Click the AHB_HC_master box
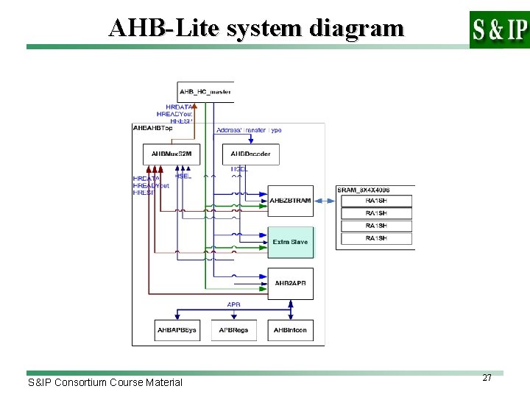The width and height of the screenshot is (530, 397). [205, 92]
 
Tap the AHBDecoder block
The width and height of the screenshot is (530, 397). [250, 154]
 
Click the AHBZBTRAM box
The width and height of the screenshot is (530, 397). [290, 200]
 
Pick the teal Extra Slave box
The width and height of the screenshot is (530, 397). [290, 242]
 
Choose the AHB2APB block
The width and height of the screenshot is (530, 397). [290, 283]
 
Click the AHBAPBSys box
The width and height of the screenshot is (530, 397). [177, 330]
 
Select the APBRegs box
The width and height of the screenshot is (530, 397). [234, 330]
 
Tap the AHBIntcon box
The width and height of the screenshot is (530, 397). [290, 330]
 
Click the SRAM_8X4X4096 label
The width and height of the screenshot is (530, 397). [364, 190]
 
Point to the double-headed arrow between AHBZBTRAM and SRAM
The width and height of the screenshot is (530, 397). [326, 200]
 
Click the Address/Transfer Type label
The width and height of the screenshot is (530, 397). [249, 130]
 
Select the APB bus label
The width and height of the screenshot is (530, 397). [233, 304]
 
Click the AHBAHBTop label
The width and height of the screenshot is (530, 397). [153, 127]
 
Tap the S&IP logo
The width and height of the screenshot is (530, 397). [499, 29]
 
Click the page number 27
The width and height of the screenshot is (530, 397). [487, 377]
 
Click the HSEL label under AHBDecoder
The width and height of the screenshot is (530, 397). [239, 169]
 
